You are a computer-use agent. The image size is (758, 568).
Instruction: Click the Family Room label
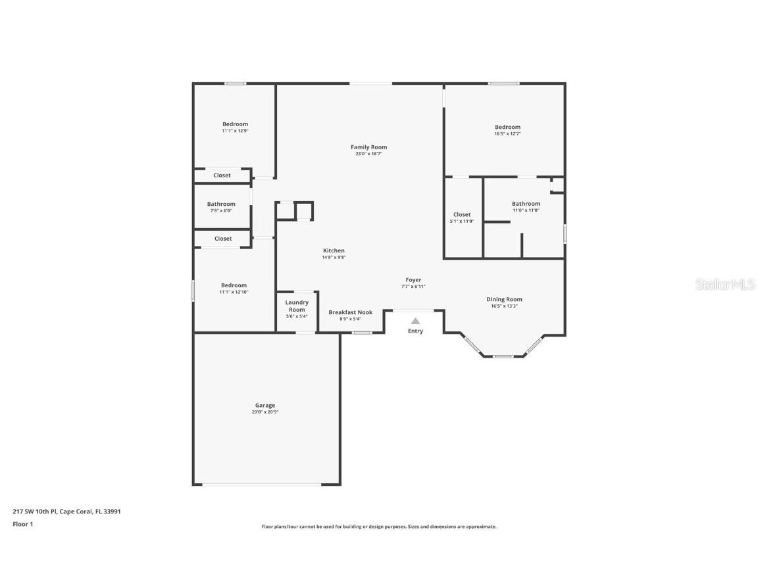[x=368, y=147]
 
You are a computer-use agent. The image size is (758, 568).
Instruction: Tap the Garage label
[x=265, y=406]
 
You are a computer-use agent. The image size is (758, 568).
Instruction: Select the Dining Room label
[x=504, y=299]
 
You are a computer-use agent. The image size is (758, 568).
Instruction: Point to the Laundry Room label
[x=297, y=306]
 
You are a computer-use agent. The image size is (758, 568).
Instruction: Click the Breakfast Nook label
[x=350, y=312]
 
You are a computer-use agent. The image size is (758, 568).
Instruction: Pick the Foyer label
[x=413, y=280]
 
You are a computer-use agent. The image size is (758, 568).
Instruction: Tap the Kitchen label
[x=334, y=250]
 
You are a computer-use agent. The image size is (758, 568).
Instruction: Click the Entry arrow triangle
[x=415, y=321]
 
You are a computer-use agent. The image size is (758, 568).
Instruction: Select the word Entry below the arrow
[x=415, y=331]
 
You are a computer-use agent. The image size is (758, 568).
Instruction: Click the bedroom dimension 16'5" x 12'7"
[x=507, y=134]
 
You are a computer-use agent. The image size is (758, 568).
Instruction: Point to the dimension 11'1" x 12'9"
[x=235, y=131]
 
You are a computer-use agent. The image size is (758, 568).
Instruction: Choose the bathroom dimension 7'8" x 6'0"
[x=221, y=211]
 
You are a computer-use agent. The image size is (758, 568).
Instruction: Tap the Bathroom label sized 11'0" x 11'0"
[x=526, y=204]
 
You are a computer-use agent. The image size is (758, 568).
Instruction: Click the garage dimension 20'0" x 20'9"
[x=265, y=412]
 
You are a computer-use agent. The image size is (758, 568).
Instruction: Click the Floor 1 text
[x=22, y=524]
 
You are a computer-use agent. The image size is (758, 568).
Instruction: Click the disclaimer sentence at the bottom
[x=379, y=527]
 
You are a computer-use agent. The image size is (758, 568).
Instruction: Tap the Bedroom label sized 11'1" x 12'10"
[x=234, y=285]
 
